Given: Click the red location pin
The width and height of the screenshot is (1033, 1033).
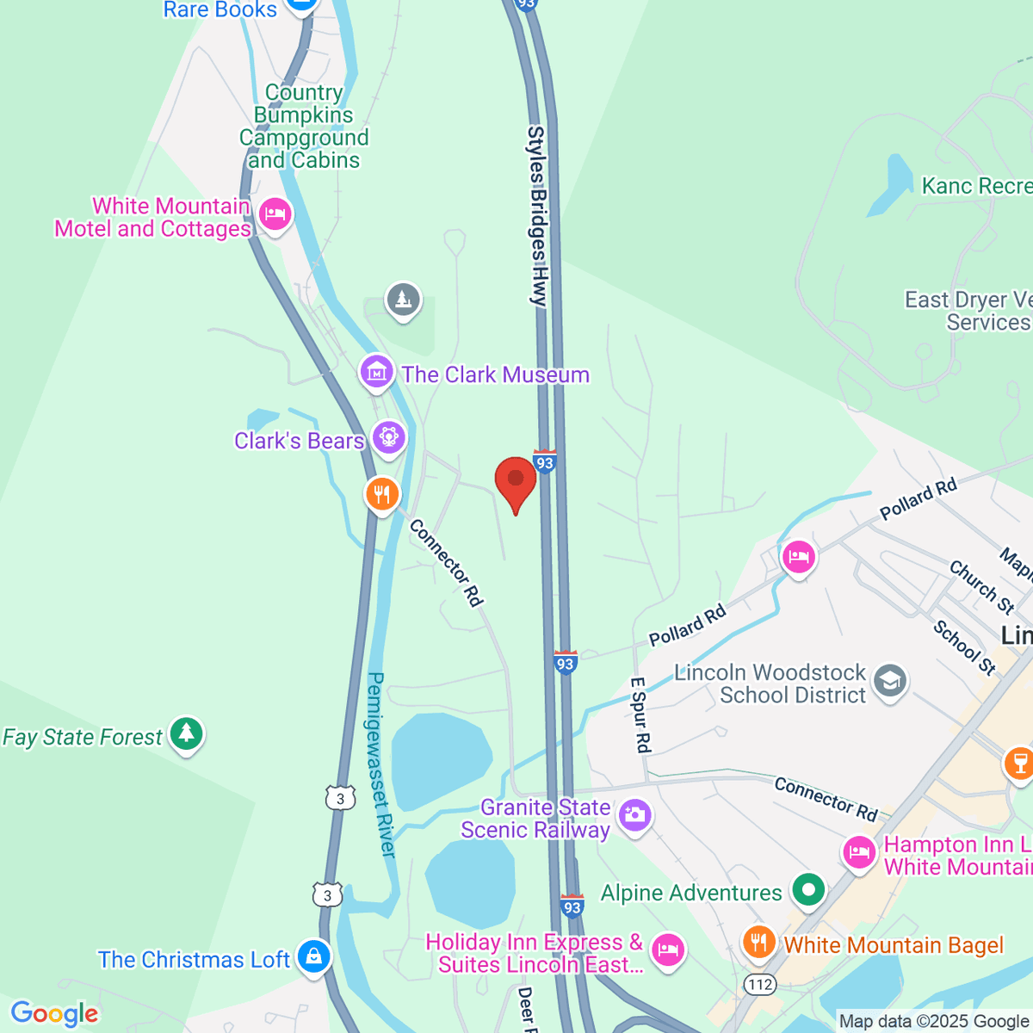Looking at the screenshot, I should (x=516, y=481).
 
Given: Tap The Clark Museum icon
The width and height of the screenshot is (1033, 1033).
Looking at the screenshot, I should (x=376, y=373).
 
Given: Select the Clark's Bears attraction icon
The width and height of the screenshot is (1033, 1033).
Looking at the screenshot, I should (x=388, y=438).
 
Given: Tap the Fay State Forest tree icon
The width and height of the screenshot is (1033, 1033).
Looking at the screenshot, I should (x=186, y=734).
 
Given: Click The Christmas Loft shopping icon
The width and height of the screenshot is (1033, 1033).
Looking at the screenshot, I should (x=313, y=956).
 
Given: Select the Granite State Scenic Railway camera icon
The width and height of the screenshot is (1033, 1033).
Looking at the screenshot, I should (x=635, y=813).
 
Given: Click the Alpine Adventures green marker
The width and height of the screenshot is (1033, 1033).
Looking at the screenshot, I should (x=807, y=891).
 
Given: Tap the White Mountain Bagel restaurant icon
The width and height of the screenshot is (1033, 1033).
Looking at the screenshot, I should (x=758, y=943).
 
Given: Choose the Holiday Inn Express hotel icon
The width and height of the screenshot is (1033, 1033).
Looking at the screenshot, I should (x=667, y=949).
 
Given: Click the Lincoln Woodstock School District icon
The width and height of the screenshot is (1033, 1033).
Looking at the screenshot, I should (x=890, y=682).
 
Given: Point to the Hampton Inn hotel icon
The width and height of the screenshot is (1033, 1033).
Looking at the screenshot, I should (x=859, y=853).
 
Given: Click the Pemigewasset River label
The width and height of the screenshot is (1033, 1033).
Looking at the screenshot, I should (x=381, y=764).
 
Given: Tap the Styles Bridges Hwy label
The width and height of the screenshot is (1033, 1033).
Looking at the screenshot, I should (x=537, y=216).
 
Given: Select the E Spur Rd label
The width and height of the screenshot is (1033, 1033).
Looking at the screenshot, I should (x=640, y=714).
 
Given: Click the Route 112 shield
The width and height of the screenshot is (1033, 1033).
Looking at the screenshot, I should (x=761, y=983).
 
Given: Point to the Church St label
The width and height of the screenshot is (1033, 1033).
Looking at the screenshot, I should (x=982, y=586).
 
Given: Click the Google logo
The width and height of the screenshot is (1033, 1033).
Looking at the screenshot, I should (x=54, y=1013).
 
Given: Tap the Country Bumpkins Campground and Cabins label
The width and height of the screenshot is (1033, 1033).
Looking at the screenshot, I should (x=304, y=127).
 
